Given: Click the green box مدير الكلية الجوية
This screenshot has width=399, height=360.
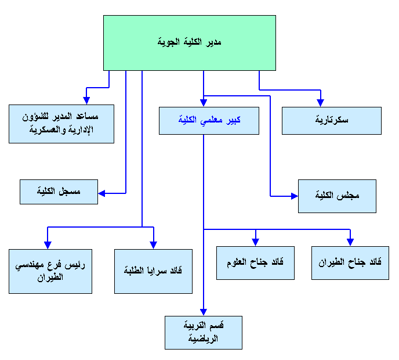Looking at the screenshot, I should [189, 43].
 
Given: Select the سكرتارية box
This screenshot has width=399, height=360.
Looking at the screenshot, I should [332, 121].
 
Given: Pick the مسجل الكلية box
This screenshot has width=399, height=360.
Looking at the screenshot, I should [59, 192].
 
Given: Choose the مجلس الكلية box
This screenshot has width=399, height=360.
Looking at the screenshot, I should [337, 196].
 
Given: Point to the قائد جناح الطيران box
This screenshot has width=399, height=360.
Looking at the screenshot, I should [351, 263].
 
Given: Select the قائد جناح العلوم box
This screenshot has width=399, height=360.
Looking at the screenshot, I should [255, 262].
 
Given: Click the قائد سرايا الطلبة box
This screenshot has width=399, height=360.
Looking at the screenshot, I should [153, 271].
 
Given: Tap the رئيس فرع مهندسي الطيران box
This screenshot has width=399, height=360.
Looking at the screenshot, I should [50, 271].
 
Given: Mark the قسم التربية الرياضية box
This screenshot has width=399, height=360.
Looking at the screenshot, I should [203, 333].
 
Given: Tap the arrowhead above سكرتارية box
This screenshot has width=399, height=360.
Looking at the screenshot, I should [321, 103].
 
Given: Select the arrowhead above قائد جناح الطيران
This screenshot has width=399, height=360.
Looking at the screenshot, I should [351, 242].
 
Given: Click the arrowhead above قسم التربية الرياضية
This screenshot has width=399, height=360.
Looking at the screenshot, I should [203, 312].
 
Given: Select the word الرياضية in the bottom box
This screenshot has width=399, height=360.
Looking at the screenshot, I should [203, 339].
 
